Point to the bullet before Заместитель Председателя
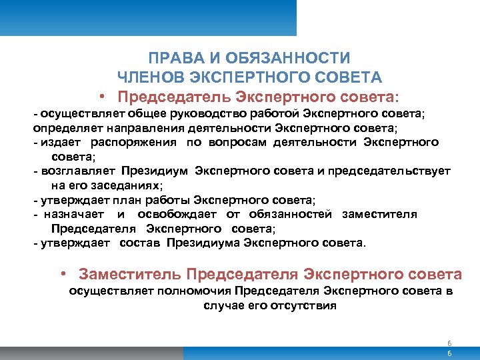pos(61,274)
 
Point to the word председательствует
pos(389,171)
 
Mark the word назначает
pos(73,215)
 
